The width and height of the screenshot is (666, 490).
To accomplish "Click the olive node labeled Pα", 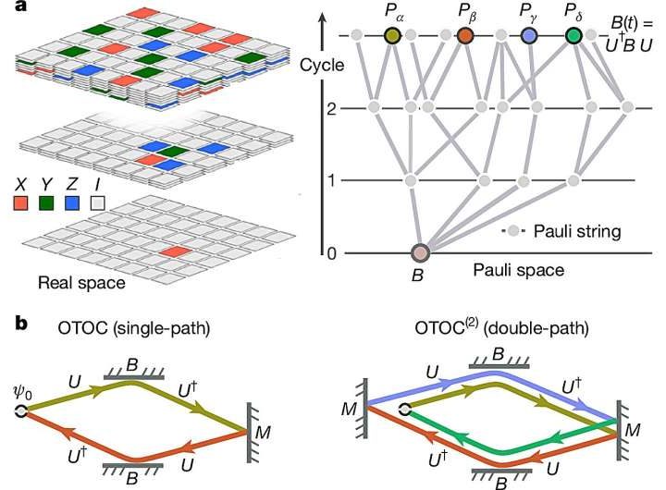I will [393, 35].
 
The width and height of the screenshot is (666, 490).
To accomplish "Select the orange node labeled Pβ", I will [466, 35].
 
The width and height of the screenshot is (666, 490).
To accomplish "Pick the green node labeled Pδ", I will [574, 35].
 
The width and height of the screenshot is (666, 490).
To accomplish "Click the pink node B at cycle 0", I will [421, 252].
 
